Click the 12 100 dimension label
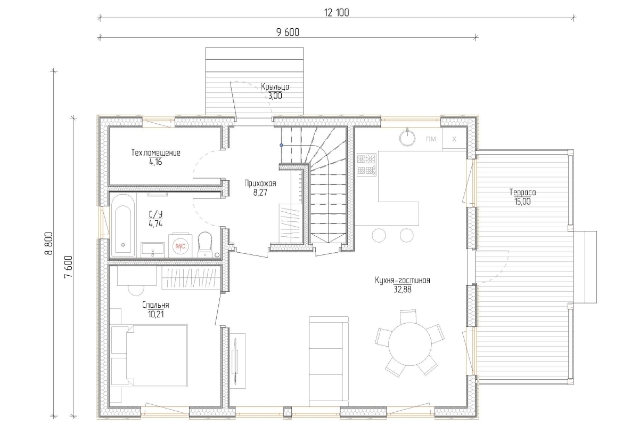click(x=337, y=13)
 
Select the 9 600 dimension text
click(x=288, y=33)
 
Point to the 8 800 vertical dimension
click(x=49, y=243)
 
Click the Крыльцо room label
click(x=275, y=87)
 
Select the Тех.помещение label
click(x=155, y=153)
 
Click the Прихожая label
click(x=260, y=183)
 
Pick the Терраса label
click(x=522, y=193)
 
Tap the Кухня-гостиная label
click(x=403, y=281)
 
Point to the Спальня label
click(x=155, y=305)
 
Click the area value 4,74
click(x=155, y=223)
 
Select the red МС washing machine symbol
click(x=181, y=246)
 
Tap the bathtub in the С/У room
click(x=123, y=226)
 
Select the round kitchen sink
click(x=408, y=138)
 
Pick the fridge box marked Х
click(x=454, y=139)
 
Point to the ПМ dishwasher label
click(x=431, y=139)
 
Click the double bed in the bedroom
click(x=149, y=355)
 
